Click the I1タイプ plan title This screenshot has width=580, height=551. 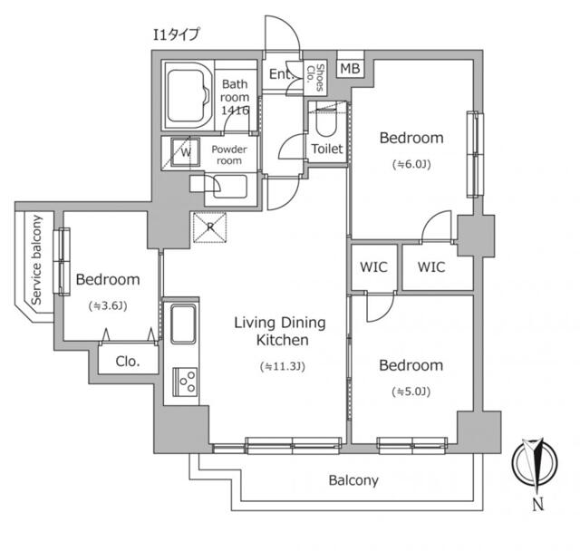click(x=175, y=34)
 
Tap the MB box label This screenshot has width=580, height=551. click(x=350, y=69)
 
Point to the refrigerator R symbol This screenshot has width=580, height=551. click(x=209, y=227)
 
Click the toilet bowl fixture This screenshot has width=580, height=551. click(x=326, y=121)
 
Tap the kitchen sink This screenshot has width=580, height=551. click(x=182, y=324)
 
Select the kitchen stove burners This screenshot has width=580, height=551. click(x=186, y=382)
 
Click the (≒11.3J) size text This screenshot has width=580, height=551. click(x=282, y=367)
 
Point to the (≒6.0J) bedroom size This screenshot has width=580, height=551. click(x=411, y=165)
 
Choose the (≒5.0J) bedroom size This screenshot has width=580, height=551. click(x=411, y=391)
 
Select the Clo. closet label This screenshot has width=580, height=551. click(x=127, y=361)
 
